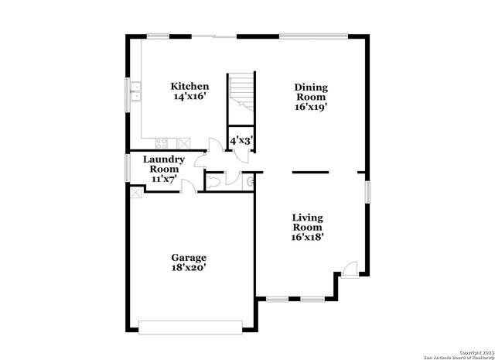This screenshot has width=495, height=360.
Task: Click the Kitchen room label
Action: (x=189, y=86)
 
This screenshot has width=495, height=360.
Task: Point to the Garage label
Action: (x=189, y=257)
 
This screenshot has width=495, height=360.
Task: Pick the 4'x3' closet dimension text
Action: (x=241, y=141)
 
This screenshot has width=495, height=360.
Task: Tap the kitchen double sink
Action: (x=134, y=92)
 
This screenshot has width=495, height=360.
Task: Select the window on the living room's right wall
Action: (x=368, y=190)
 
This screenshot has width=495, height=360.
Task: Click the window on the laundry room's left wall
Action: (x=128, y=168)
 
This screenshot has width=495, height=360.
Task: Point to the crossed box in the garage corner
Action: (x=135, y=193)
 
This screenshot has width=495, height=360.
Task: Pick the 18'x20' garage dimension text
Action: (x=189, y=268)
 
